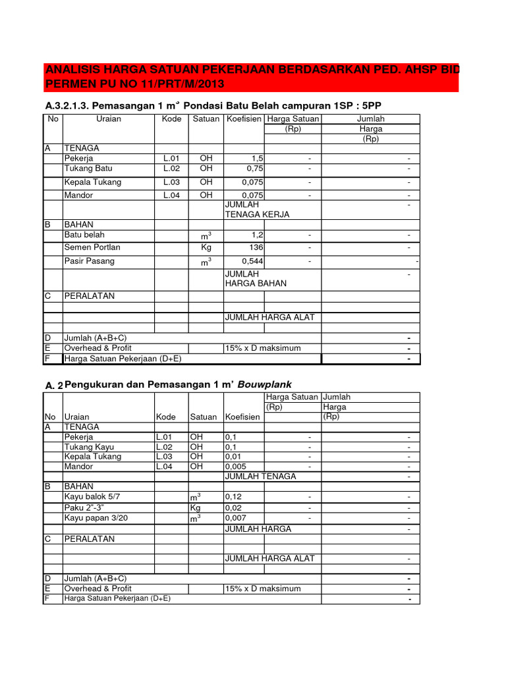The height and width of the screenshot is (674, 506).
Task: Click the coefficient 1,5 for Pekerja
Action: point(258,159)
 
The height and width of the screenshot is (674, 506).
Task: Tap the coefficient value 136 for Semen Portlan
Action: point(256,247)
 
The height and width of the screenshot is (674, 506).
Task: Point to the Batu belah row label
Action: point(84,235)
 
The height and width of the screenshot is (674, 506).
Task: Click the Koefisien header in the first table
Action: point(244,119)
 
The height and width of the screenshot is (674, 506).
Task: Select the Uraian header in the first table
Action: point(109,119)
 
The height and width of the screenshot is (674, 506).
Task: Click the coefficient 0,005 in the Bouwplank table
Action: point(236,467)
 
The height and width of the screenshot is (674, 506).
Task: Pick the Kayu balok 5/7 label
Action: point(92,496)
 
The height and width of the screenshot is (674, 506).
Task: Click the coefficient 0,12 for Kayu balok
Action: point(233,497)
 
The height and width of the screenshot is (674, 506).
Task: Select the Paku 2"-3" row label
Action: point(86,507)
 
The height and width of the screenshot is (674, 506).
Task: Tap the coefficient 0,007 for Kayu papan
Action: point(236,519)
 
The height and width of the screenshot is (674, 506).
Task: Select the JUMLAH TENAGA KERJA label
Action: point(257,209)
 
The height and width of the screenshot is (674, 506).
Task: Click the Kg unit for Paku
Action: point(196,508)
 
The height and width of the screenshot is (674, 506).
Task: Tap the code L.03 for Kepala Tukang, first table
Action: point(171,182)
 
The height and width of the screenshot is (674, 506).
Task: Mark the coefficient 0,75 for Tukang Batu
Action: point(255,168)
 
